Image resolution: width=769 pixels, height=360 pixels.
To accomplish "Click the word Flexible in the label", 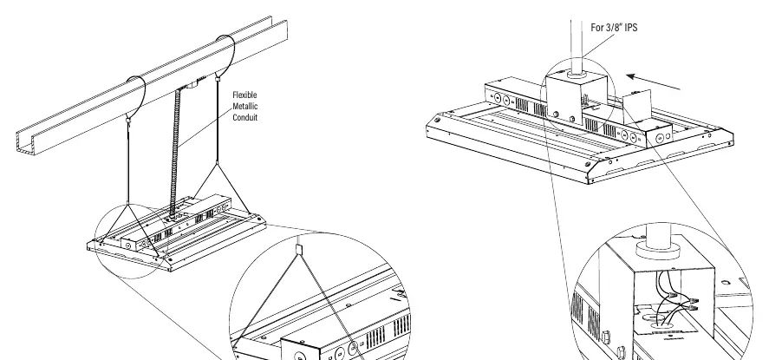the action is (244, 95).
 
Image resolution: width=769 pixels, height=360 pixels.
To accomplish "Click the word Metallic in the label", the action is (245, 106).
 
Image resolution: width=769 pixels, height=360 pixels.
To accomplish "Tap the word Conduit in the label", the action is (244, 117).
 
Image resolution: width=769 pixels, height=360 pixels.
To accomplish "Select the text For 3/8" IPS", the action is (614, 28).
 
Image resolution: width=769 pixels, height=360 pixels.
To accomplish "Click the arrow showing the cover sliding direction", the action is (653, 82).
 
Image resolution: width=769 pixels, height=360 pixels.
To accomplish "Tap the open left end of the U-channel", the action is (25, 142).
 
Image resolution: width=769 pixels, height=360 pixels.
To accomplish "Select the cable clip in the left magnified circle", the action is (299, 250).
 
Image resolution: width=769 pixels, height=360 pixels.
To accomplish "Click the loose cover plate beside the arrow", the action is (636, 104).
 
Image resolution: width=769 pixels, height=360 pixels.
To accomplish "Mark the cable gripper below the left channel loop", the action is (128, 120).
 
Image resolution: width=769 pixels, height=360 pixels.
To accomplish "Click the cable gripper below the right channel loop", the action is (217, 77).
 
